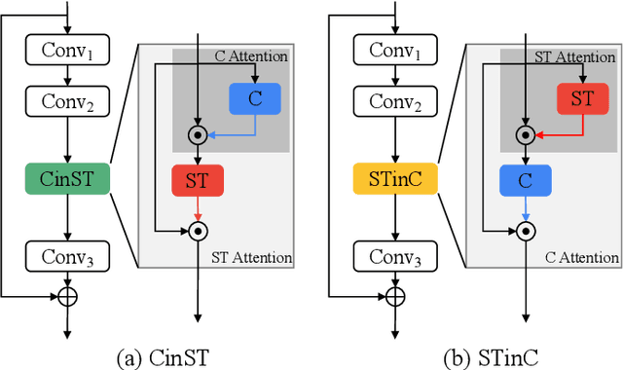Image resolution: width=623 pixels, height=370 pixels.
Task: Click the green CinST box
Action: (x=67, y=180)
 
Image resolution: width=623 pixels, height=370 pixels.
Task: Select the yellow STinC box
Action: (x=394, y=180)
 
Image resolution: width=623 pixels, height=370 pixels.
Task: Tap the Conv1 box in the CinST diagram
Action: (x=67, y=49)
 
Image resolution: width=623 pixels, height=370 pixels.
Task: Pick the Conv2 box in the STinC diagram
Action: (x=394, y=99)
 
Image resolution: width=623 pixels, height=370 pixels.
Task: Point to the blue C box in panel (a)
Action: (x=255, y=97)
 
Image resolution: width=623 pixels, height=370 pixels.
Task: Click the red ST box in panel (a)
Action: (x=198, y=180)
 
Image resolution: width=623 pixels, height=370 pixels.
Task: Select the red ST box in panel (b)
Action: (x=582, y=97)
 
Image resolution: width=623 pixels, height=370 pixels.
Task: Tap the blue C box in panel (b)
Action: (x=526, y=180)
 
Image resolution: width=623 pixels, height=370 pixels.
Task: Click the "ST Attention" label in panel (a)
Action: (x=250, y=257)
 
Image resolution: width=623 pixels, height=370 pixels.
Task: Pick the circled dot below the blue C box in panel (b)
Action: (x=526, y=231)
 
